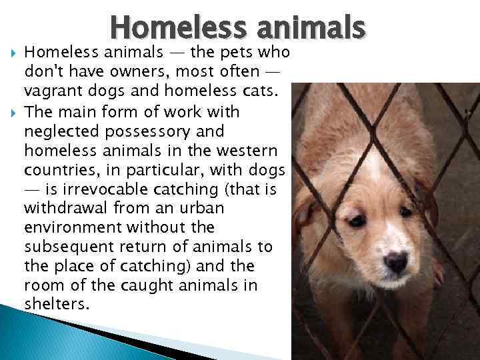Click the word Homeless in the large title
pos(171,27)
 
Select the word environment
pos(71,227)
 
